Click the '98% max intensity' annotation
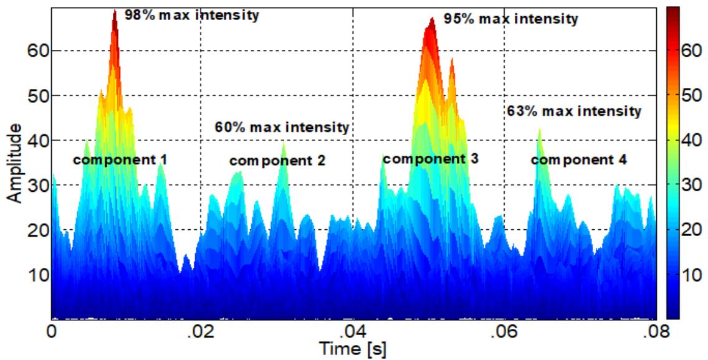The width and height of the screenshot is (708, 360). [191, 14]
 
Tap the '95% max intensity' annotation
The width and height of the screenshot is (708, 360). [511, 19]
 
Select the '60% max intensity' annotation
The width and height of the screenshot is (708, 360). [282, 128]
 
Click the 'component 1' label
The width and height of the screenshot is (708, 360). [120, 160]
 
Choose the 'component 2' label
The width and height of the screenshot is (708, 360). [277, 161]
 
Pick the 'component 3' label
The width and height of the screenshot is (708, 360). [431, 159]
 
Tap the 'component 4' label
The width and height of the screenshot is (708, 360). [579, 160]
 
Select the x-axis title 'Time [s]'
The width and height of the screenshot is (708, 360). [353, 349]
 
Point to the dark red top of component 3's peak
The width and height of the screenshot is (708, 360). [431, 24]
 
